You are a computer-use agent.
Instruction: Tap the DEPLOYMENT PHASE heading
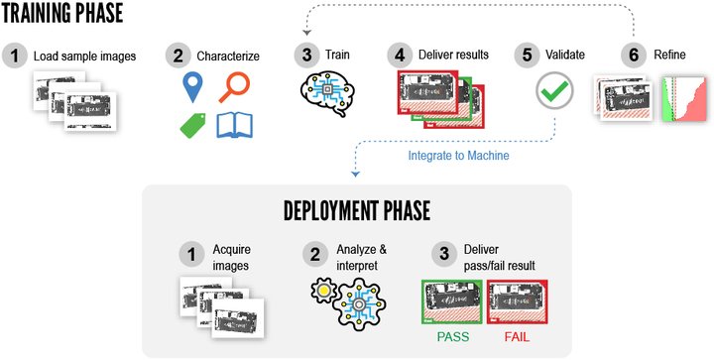point(357,210)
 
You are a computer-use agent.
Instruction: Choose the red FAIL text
point(516,336)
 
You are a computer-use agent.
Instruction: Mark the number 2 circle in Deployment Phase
point(315,254)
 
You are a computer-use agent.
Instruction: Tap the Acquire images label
point(234,255)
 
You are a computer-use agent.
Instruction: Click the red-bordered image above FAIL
point(516,301)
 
